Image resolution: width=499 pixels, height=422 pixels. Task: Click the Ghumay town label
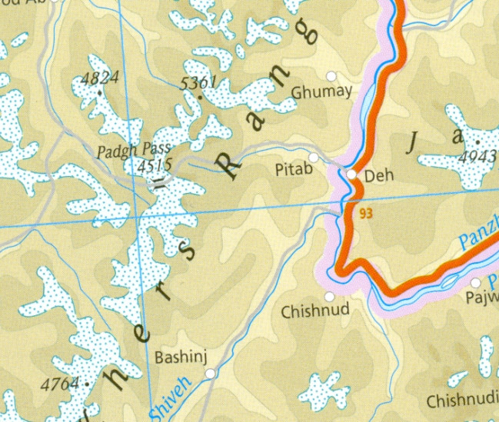tap(321, 91)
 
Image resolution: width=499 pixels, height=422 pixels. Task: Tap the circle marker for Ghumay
tap(332, 75)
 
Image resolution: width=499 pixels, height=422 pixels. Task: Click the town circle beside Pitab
tap(314, 157)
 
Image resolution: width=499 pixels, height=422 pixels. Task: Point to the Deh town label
tap(378, 176)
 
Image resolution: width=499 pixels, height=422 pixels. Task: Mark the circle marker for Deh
tap(351, 175)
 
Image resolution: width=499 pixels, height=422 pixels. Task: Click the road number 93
tap(365, 214)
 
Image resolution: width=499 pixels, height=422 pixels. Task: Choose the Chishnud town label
tap(315, 311)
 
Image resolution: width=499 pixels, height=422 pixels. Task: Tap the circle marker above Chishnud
tap(331, 296)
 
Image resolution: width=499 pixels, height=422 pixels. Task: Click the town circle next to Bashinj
tap(210, 374)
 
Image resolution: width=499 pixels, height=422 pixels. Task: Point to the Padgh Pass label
tap(132, 150)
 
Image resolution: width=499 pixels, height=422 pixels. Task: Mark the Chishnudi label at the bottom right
tap(461, 401)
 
